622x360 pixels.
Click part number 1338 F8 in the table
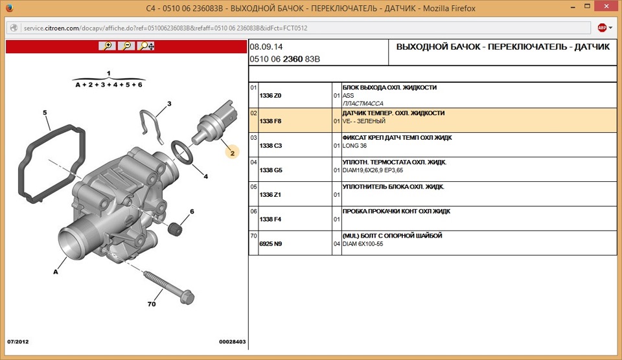point(270,121)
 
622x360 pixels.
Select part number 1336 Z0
point(270,96)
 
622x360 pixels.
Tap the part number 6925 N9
point(271,244)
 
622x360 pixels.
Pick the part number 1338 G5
point(271,170)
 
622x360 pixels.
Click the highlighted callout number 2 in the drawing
point(233,153)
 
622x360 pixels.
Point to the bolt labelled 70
point(169,287)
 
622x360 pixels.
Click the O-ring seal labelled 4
point(182,152)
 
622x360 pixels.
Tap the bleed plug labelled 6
point(175,229)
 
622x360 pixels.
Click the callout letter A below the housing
point(56,271)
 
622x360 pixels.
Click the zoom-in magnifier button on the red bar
point(107,46)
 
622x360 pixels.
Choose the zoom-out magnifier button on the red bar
point(126,46)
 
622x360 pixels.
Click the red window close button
point(606,6)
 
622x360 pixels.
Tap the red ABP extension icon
point(602,28)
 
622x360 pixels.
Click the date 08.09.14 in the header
point(266,47)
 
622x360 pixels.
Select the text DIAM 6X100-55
point(363,244)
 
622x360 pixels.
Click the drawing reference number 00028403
point(233,342)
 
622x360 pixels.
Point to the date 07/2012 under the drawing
point(18,342)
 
